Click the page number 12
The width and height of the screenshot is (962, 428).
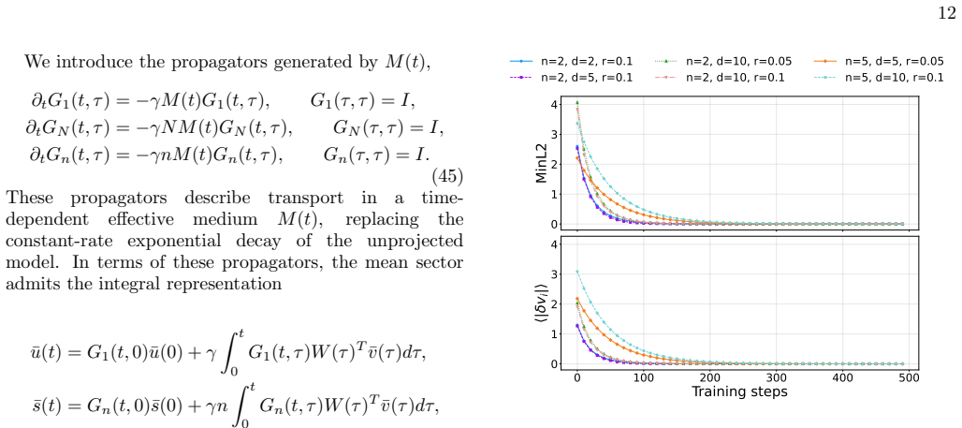(947, 13)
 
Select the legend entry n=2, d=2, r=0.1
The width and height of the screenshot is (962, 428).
(571, 62)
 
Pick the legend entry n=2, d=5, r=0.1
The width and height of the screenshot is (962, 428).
(571, 78)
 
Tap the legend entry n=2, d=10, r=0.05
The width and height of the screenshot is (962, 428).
(722, 62)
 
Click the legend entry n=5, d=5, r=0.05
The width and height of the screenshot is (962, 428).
(879, 62)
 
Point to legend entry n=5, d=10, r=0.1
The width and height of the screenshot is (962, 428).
(879, 78)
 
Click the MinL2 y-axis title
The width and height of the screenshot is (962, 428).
(541, 165)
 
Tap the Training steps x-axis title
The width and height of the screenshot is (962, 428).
(739, 391)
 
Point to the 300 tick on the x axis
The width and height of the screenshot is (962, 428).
(776, 377)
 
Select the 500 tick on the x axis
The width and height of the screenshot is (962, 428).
(910, 377)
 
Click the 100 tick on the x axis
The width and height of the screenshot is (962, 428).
(643, 377)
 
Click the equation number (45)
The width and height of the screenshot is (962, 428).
(448, 177)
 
